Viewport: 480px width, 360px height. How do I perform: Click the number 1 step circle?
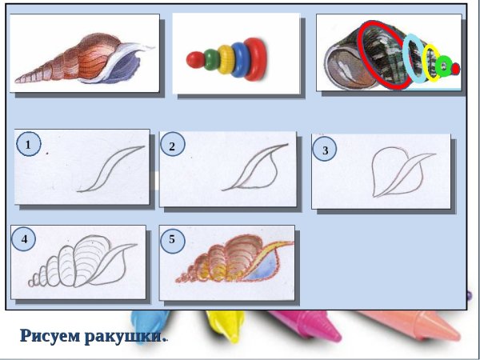click(28, 145)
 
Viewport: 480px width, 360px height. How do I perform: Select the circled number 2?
click(172, 146)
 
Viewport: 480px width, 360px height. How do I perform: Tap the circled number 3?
click(324, 150)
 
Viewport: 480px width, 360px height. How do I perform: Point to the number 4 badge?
click(25, 238)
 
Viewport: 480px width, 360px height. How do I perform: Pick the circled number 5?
click(172, 238)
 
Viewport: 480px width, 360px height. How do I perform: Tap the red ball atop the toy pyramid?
click(193, 58)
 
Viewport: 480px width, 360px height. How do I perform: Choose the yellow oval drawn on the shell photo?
click(432, 63)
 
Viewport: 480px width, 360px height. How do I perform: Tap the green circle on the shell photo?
click(445, 66)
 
